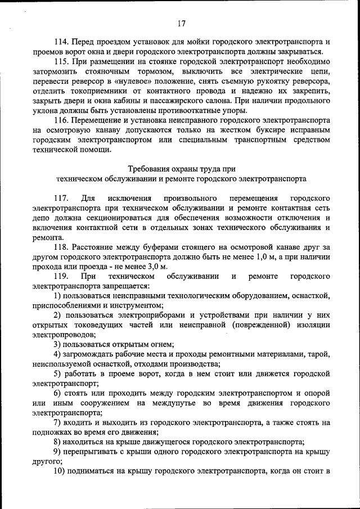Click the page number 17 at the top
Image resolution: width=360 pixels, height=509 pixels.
[x=181, y=24]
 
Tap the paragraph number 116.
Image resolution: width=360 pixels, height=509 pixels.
[x=61, y=120]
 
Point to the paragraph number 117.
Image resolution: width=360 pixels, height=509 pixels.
[x=61, y=199]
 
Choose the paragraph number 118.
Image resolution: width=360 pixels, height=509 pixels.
[x=61, y=247]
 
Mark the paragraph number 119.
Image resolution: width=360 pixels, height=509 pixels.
[x=61, y=277]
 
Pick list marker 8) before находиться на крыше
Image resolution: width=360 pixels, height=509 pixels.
[x=58, y=442]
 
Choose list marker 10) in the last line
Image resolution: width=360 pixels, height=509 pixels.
[x=60, y=471]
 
